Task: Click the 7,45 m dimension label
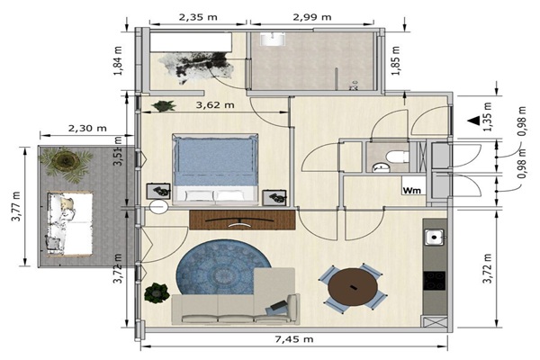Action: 294,339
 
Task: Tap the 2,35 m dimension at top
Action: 198,17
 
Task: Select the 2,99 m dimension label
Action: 312,17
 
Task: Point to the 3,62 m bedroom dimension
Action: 215,104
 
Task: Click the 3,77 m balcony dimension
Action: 16,206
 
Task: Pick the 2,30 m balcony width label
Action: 87,128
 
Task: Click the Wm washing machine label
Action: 411,190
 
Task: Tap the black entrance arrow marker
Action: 474,120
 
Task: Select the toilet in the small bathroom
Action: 398,157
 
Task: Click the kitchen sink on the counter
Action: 434,237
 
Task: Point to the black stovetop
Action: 435,281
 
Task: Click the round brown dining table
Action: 353,287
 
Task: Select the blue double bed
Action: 215,169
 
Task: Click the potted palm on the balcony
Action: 66,164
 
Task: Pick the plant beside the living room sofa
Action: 157,293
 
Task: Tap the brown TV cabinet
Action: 242,220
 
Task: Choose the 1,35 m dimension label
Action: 487,117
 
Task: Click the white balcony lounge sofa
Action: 69,224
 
